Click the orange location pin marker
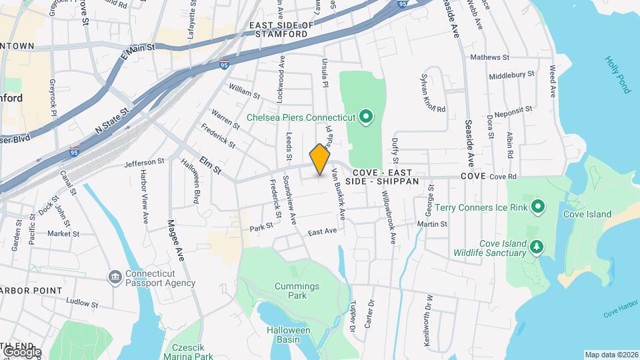click(x=320, y=159)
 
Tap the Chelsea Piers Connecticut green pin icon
click(x=365, y=118)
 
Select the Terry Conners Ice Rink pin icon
click(x=538, y=207)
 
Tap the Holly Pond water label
click(x=617, y=74)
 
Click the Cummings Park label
click(x=297, y=291)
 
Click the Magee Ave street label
click(x=175, y=240)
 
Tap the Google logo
click(x=21, y=352)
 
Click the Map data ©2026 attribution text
click(x=611, y=355)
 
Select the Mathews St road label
click(x=489, y=57)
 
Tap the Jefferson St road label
click(x=144, y=162)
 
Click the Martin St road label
click(x=432, y=224)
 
